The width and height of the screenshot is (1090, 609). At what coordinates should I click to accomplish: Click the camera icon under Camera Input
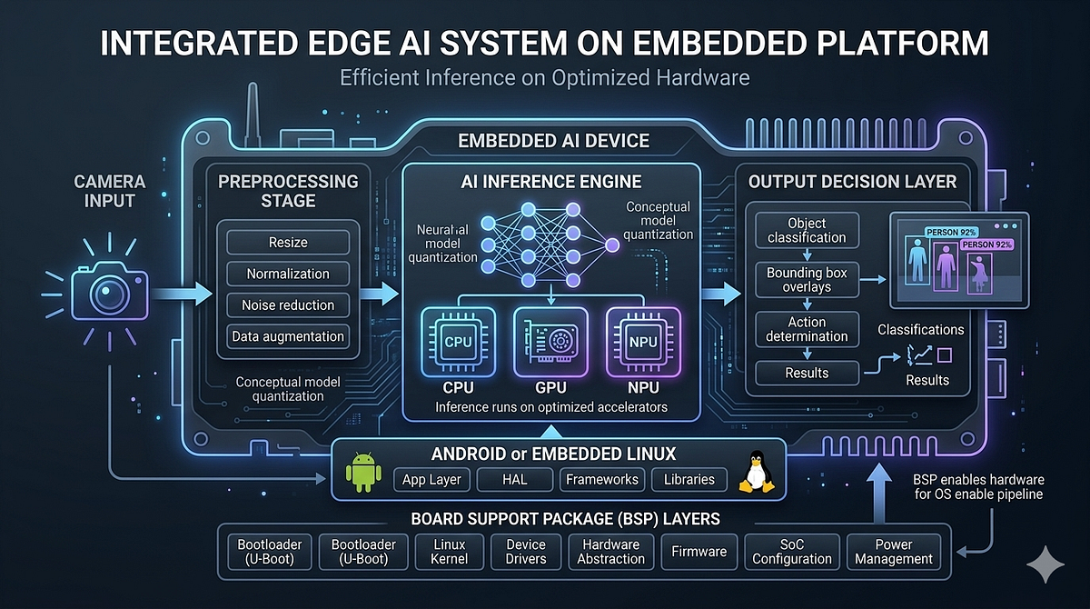110,291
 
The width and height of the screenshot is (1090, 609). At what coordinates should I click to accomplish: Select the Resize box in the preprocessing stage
288,243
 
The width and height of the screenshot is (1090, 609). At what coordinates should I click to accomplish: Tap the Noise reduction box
288,305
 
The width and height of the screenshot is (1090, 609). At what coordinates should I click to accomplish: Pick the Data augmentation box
288,336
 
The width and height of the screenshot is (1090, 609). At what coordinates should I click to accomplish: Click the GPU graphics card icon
550,342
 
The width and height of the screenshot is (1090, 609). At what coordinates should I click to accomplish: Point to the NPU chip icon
643,342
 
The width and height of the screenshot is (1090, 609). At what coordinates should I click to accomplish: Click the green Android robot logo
363,472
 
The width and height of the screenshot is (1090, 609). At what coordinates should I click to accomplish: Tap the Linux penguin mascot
756,471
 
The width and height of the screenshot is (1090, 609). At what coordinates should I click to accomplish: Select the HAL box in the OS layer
515,480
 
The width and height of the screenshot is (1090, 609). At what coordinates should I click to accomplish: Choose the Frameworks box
602,480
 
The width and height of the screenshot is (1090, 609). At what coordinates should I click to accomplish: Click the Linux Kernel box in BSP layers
449,552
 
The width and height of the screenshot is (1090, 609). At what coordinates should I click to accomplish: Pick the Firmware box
699,552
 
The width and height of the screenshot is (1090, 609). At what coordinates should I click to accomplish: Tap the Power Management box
894,552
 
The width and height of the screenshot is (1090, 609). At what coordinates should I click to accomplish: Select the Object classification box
807,230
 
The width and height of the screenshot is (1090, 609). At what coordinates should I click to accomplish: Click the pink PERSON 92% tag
986,245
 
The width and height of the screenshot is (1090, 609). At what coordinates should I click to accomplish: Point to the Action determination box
807,329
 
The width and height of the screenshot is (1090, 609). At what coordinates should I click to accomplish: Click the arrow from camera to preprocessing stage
182,293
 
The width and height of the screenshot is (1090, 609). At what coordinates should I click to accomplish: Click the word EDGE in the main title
349,43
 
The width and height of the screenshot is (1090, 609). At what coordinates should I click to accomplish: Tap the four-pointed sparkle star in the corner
1045,564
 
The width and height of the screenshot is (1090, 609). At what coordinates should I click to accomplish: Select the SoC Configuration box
792,552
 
